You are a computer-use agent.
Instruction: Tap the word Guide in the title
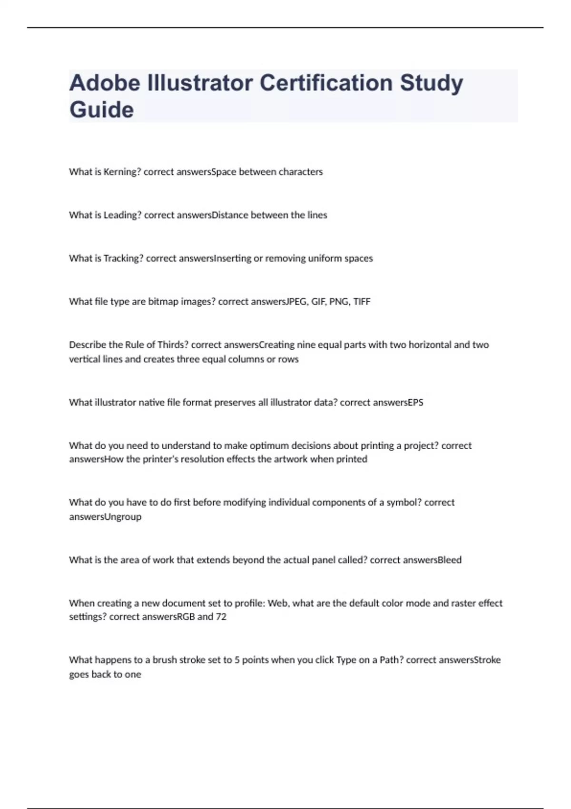[101, 109]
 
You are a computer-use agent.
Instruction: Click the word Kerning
[122, 172]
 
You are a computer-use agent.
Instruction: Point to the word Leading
[123, 215]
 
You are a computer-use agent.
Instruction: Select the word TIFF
[362, 302]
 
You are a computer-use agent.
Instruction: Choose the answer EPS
[415, 403]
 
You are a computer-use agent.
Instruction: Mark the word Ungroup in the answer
[122, 517]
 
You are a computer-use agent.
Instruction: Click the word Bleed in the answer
[449, 560]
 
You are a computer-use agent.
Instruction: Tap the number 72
[221, 617]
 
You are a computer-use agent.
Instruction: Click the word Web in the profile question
[278, 603]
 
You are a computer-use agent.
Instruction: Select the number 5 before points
[237, 660]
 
